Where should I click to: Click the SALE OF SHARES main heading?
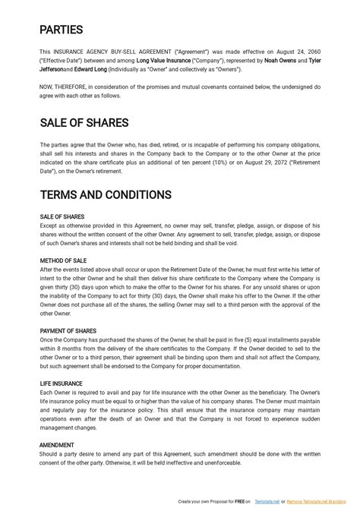[x=84, y=123]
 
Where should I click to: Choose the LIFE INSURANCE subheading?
[x=62, y=383]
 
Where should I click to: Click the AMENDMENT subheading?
[x=57, y=445]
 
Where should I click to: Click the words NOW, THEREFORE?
[x=65, y=87]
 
